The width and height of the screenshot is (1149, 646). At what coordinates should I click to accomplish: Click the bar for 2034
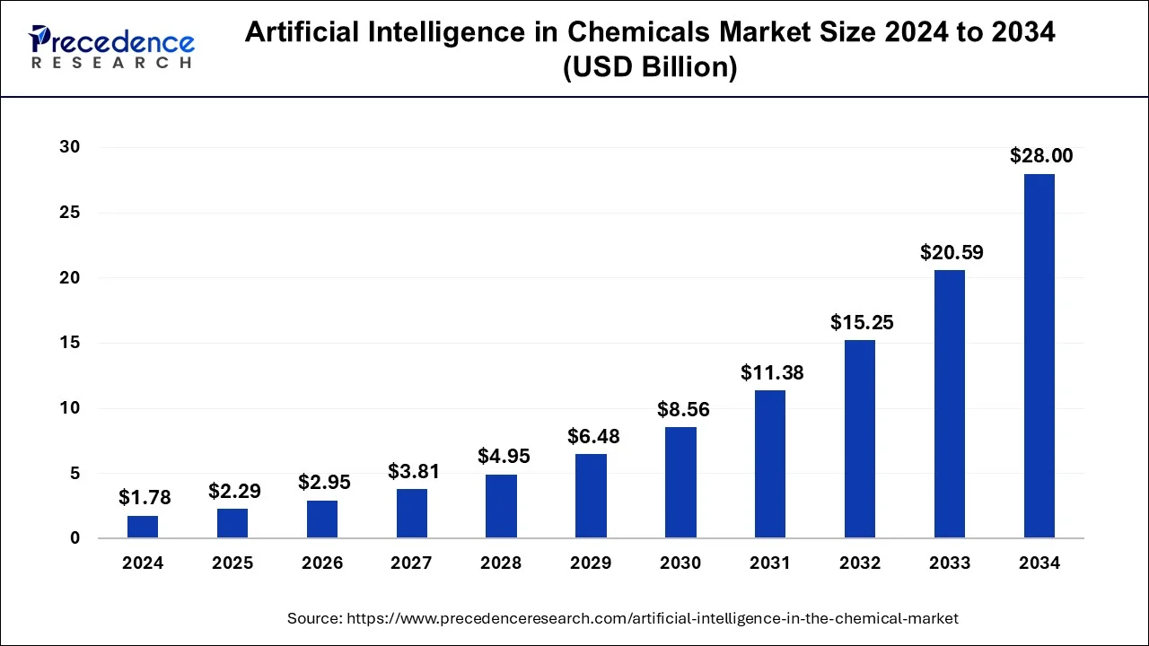[x=1039, y=356]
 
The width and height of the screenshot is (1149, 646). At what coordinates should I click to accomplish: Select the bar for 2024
[x=143, y=527]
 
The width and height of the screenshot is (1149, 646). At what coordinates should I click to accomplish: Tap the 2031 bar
[x=770, y=464]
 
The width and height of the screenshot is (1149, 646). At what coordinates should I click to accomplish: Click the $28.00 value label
[x=1041, y=155]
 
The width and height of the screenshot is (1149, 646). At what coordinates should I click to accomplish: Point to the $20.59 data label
[x=952, y=252]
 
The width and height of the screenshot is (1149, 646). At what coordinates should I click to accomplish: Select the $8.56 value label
[x=683, y=409]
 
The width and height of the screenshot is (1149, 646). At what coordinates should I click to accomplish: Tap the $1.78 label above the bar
[x=145, y=497]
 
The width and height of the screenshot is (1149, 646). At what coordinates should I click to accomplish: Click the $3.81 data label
[x=414, y=470]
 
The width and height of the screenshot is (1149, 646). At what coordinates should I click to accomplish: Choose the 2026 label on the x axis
[x=322, y=563]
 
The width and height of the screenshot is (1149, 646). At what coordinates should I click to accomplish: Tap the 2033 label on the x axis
[x=950, y=563]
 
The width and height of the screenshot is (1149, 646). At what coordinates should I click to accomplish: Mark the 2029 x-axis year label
[x=591, y=563]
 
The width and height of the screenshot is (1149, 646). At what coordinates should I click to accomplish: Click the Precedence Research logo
[x=111, y=47]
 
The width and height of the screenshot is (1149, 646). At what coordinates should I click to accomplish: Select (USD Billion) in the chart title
[x=650, y=68]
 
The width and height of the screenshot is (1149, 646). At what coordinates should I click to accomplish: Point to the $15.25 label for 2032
[x=862, y=322]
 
